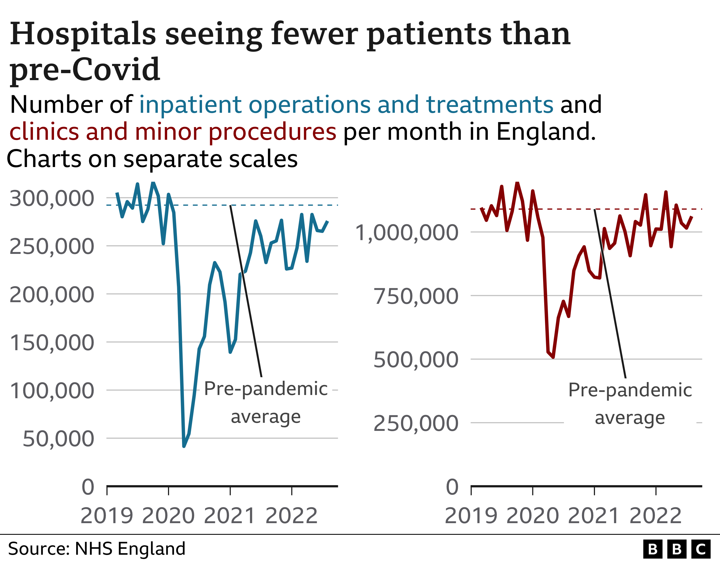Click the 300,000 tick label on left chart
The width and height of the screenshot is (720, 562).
pyautogui.click(x=52, y=199)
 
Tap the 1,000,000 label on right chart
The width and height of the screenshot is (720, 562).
pyautogui.click(x=406, y=233)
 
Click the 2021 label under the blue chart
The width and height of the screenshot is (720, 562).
pyautogui.click(x=230, y=516)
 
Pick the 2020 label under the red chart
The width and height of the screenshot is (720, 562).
pyautogui.click(x=532, y=516)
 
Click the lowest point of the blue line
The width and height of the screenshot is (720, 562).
pyautogui.click(x=184, y=446)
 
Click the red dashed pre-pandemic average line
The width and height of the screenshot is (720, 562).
pyautogui.click(x=560, y=209)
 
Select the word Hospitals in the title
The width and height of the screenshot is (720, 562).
pyautogui.click(x=82, y=34)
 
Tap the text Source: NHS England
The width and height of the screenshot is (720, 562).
pyautogui.click(x=97, y=549)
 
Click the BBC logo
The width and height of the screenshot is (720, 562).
pyautogui.click(x=677, y=549)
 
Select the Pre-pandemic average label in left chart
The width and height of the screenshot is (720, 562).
pyautogui.click(x=266, y=403)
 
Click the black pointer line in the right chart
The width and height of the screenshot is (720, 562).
pyautogui.click(x=610, y=293)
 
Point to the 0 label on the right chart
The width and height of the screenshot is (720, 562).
pyautogui.click(x=452, y=487)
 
